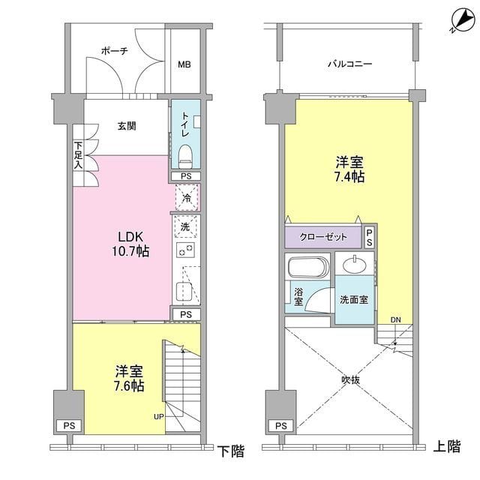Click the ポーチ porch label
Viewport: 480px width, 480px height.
[x=113, y=51]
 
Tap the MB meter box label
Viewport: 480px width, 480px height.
[x=184, y=64]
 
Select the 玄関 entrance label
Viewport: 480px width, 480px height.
[x=126, y=125]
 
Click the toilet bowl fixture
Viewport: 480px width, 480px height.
[x=186, y=157]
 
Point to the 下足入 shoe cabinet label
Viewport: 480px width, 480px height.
[x=77, y=155]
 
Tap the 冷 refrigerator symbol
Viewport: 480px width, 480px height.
[x=186, y=199]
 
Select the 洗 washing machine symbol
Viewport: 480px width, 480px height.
[x=186, y=226]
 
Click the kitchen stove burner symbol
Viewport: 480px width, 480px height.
[x=185, y=250]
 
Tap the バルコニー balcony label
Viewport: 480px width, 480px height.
[x=349, y=64]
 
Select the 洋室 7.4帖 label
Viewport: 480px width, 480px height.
[x=349, y=169]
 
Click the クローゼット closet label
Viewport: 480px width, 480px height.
[x=324, y=237]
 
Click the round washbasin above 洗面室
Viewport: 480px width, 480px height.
[x=353, y=265]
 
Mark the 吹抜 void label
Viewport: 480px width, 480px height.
[x=350, y=379]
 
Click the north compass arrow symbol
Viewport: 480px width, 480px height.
[x=454, y=22]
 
